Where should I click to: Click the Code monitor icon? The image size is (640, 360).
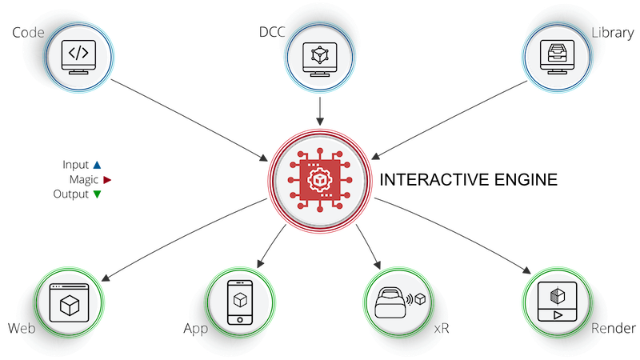tap(78, 57)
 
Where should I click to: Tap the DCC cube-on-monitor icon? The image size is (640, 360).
tap(320, 59)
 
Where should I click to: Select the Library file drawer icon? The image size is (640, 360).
tap(557, 57)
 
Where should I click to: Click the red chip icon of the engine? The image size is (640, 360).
tap(320, 180)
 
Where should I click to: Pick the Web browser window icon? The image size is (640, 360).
tap(69, 303)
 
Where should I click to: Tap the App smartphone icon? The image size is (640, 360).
tap(239, 302)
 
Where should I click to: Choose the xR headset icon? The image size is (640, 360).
tap(400, 302)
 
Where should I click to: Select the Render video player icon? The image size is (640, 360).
tap(557, 302)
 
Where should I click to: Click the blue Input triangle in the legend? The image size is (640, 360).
tap(97, 165)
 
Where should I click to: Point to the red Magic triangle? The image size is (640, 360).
tap(107, 179)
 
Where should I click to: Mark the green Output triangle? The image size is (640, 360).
tap(97, 194)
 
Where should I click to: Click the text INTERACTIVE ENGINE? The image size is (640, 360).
tap(469, 180)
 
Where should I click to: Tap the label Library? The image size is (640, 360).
tap(613, 33)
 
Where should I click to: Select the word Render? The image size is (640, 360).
tap(613, 328)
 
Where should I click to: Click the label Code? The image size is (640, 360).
tap(28, 33)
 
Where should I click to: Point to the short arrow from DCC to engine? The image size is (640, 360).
tap(320, 111)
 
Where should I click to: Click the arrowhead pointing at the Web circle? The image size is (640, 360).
tap(106, 278)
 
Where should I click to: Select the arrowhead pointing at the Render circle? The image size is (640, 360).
tap(526, 270)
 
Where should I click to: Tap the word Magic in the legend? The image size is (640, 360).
tap(84, 179)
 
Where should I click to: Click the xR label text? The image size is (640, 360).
tap(442, 329)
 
